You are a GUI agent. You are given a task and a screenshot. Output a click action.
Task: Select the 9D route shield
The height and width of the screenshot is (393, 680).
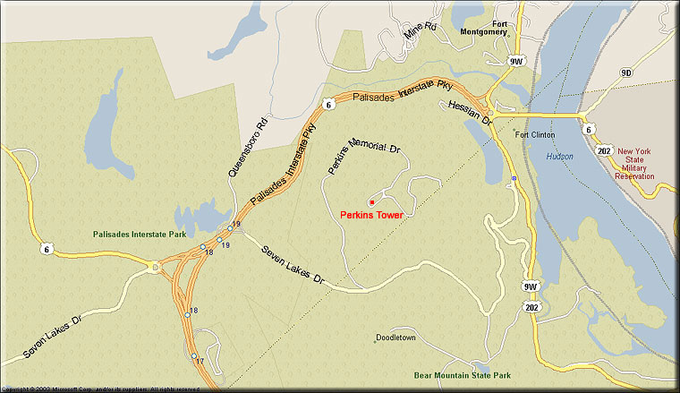pyautogui.click(x=625, y=73)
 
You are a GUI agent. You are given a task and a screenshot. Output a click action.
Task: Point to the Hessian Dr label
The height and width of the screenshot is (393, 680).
pyautogui.click(x=469, y=112)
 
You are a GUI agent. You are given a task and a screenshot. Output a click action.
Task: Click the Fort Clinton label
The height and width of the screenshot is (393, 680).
pyautogui.click(x=534, y=135)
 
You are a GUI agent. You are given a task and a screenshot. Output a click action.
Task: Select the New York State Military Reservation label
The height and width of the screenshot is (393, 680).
pyautogui.click(x=635, y=164)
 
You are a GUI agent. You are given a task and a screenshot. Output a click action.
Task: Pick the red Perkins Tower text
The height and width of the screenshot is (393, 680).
pyautogui.click(x=372, y=215)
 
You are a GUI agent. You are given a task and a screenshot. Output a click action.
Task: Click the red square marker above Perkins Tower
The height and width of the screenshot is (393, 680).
pyautogui.click(x=370, y=201)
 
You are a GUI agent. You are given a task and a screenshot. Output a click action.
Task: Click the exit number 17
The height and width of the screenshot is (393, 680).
pyautogui.click(x=200, y=361)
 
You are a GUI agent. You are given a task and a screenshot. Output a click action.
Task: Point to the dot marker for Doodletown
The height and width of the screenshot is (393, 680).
pyautogui.click(x=375, y=339)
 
